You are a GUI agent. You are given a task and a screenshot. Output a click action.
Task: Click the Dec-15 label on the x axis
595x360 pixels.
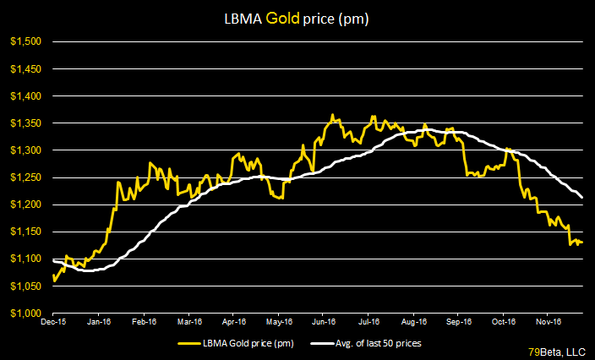tap(54, 322)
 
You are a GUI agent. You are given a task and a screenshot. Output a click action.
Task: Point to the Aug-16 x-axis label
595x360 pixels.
tap(412, 322)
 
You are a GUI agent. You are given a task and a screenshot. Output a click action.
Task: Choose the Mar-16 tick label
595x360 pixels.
tap(188, 322)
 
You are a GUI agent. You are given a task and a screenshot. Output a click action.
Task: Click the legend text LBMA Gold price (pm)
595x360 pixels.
tap(250, 343)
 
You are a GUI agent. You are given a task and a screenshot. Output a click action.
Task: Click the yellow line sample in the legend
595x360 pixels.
tap(191, 343)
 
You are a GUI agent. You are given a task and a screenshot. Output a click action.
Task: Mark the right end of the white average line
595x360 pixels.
tap(582, 197)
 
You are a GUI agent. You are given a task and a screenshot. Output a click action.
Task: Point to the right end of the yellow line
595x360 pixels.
tap(582, 243)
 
